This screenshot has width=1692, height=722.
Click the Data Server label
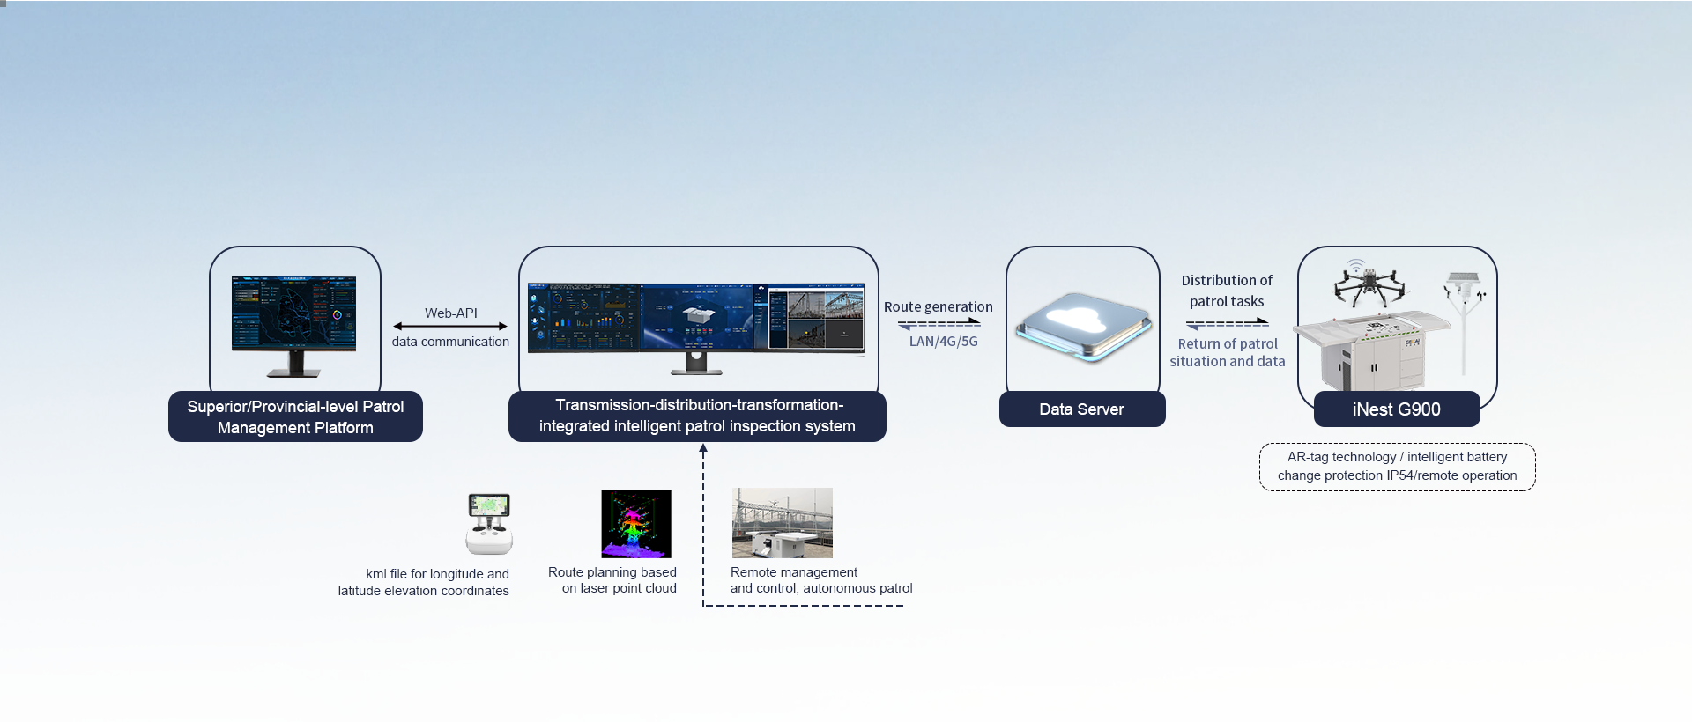pyautogui.click(x=1081, y=409)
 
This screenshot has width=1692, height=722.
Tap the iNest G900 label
pyautogui.click(x=1396, y=409)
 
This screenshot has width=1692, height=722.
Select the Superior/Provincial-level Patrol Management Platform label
pyautogui.click(x=295, y=416)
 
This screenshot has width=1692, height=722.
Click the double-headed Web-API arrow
pyautogui.click(x=450, y=327)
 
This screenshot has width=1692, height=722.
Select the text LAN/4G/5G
pyautogui.click(x=943, y=342)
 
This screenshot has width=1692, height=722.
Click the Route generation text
pyautogui.click(x=938, y=306)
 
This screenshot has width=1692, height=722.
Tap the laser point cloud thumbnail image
pyautogui.click(x=635, y=524)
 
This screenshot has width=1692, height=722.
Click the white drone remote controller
pyautogui.click(x=489, y=523)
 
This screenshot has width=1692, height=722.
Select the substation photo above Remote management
pyautogui.click(x=782, y=523)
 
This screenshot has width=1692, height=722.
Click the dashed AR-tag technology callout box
pyautogui.click(x=1397, y=467)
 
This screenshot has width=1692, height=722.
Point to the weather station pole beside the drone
pyautogui.click(x=1464, y=321)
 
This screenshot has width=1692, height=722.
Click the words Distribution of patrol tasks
pyautogui.click(x=1227, y=291)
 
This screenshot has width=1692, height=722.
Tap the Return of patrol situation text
pyautogui.click(x=1227, y=352)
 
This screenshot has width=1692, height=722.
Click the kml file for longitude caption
pyautogui.click(x=424, y=582)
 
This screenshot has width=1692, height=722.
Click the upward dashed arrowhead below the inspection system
pyautogui.click(x=703, y=449)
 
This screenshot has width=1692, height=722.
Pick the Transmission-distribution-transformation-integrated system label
pyautogui.click(x=697, y=416)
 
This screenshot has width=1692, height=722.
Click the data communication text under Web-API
pyautogui.click(x=450, y=342)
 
